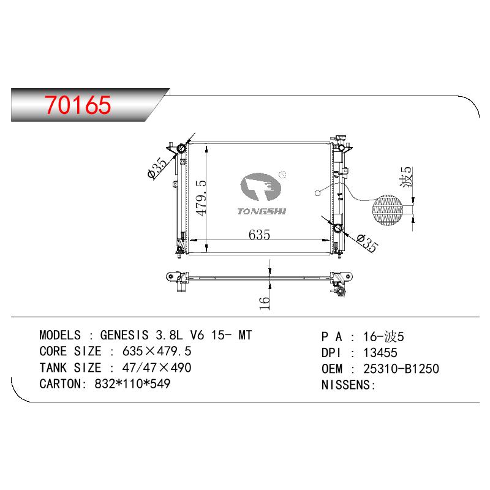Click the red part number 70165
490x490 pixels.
tap(78, 104)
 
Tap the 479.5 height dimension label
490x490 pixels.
tap(202, 198)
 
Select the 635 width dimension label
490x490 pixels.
tap(259, 235)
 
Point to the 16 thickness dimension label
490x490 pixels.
tap(265, 303)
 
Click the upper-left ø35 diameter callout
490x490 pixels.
tap(157, 168)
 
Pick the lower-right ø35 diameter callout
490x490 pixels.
tap(367, 243)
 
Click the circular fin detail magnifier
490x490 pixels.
tap(388, 210)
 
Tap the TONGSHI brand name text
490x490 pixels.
tap(262, 211)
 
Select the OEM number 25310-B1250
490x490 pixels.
tap(401, 369)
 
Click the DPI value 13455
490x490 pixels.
tap(380, 353)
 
